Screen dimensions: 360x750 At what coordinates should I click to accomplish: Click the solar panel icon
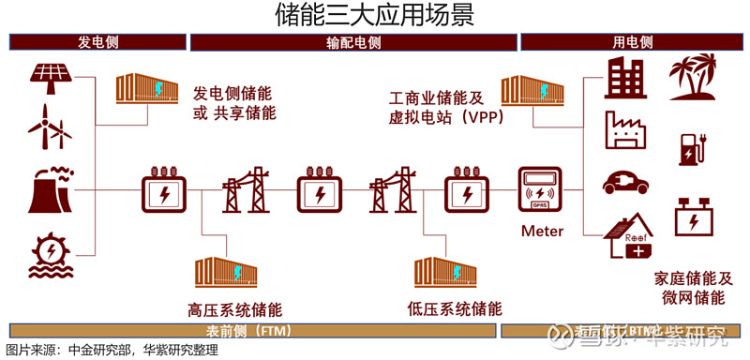(50, 77)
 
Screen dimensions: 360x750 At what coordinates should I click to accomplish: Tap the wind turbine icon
(50, 127)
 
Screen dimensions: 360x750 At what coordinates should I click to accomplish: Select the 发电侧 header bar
(97, 42)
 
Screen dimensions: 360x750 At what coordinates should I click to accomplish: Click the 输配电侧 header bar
(353, 42)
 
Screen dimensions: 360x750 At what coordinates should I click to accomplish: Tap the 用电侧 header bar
(633, 42)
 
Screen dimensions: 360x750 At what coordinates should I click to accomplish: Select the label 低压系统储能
(455, 308)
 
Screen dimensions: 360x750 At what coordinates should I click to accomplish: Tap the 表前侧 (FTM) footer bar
(250, 331)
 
